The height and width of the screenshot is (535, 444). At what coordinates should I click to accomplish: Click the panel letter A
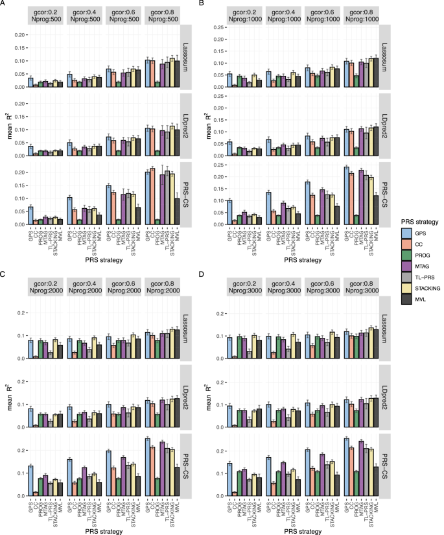coord(4,5)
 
